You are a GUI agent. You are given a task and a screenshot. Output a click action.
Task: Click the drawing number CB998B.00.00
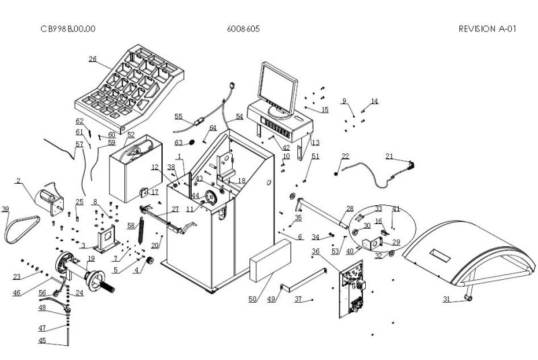click(67, 29)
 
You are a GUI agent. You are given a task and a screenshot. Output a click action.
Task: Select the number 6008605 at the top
click(244, 29)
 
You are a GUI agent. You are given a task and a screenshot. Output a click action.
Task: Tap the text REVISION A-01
click(487, 29)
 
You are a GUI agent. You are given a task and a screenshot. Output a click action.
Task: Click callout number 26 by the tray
click(93, 59)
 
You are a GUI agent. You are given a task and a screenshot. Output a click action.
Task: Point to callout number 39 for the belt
click(6, 209)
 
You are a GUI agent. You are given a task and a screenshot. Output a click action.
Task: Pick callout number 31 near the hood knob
click(446, 298)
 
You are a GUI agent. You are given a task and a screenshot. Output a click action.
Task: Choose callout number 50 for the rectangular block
click(253, 299)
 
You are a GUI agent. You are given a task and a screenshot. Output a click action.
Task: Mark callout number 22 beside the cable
click(345, 156)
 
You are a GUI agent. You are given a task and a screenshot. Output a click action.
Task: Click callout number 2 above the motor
click(18, 180)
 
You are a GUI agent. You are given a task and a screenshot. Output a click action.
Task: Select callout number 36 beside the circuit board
click(315, 252)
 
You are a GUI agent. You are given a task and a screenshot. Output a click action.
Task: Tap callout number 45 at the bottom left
click(42, 340)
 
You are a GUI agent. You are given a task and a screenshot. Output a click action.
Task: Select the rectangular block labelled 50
click(270, 261)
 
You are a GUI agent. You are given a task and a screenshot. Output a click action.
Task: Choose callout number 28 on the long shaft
click(350, 209)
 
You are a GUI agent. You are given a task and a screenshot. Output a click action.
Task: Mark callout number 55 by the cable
click(178, 116)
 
